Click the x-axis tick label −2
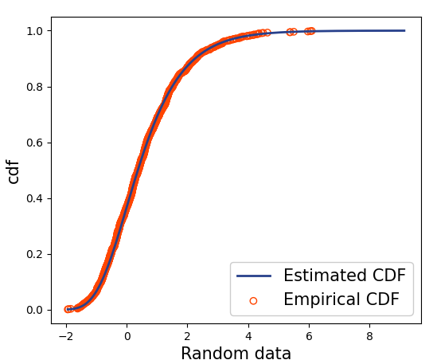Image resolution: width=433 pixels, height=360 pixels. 66,335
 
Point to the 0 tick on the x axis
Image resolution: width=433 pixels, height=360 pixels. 127,335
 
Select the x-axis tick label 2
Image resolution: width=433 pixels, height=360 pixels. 188,335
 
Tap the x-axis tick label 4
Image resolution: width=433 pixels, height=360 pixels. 248,335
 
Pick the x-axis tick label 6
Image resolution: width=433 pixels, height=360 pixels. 309,335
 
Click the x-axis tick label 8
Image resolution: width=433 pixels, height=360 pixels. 369,335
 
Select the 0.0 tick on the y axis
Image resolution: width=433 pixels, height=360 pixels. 35,310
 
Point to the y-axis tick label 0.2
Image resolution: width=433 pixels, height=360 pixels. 35,254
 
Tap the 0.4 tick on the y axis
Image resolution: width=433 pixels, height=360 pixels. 35,198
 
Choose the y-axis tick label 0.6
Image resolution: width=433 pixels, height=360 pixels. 35,143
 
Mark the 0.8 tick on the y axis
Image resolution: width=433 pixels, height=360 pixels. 35,87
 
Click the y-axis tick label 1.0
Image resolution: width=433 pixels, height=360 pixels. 35,31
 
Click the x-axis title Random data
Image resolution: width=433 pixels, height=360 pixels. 236,354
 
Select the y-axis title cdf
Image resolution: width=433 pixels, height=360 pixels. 14,170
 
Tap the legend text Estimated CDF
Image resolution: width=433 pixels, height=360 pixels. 344,276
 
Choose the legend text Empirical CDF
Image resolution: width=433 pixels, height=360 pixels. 341,300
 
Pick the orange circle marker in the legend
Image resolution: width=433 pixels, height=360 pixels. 254,300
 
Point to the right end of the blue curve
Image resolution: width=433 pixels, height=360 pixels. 404,30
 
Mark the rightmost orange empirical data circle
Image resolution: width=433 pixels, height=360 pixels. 311,31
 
